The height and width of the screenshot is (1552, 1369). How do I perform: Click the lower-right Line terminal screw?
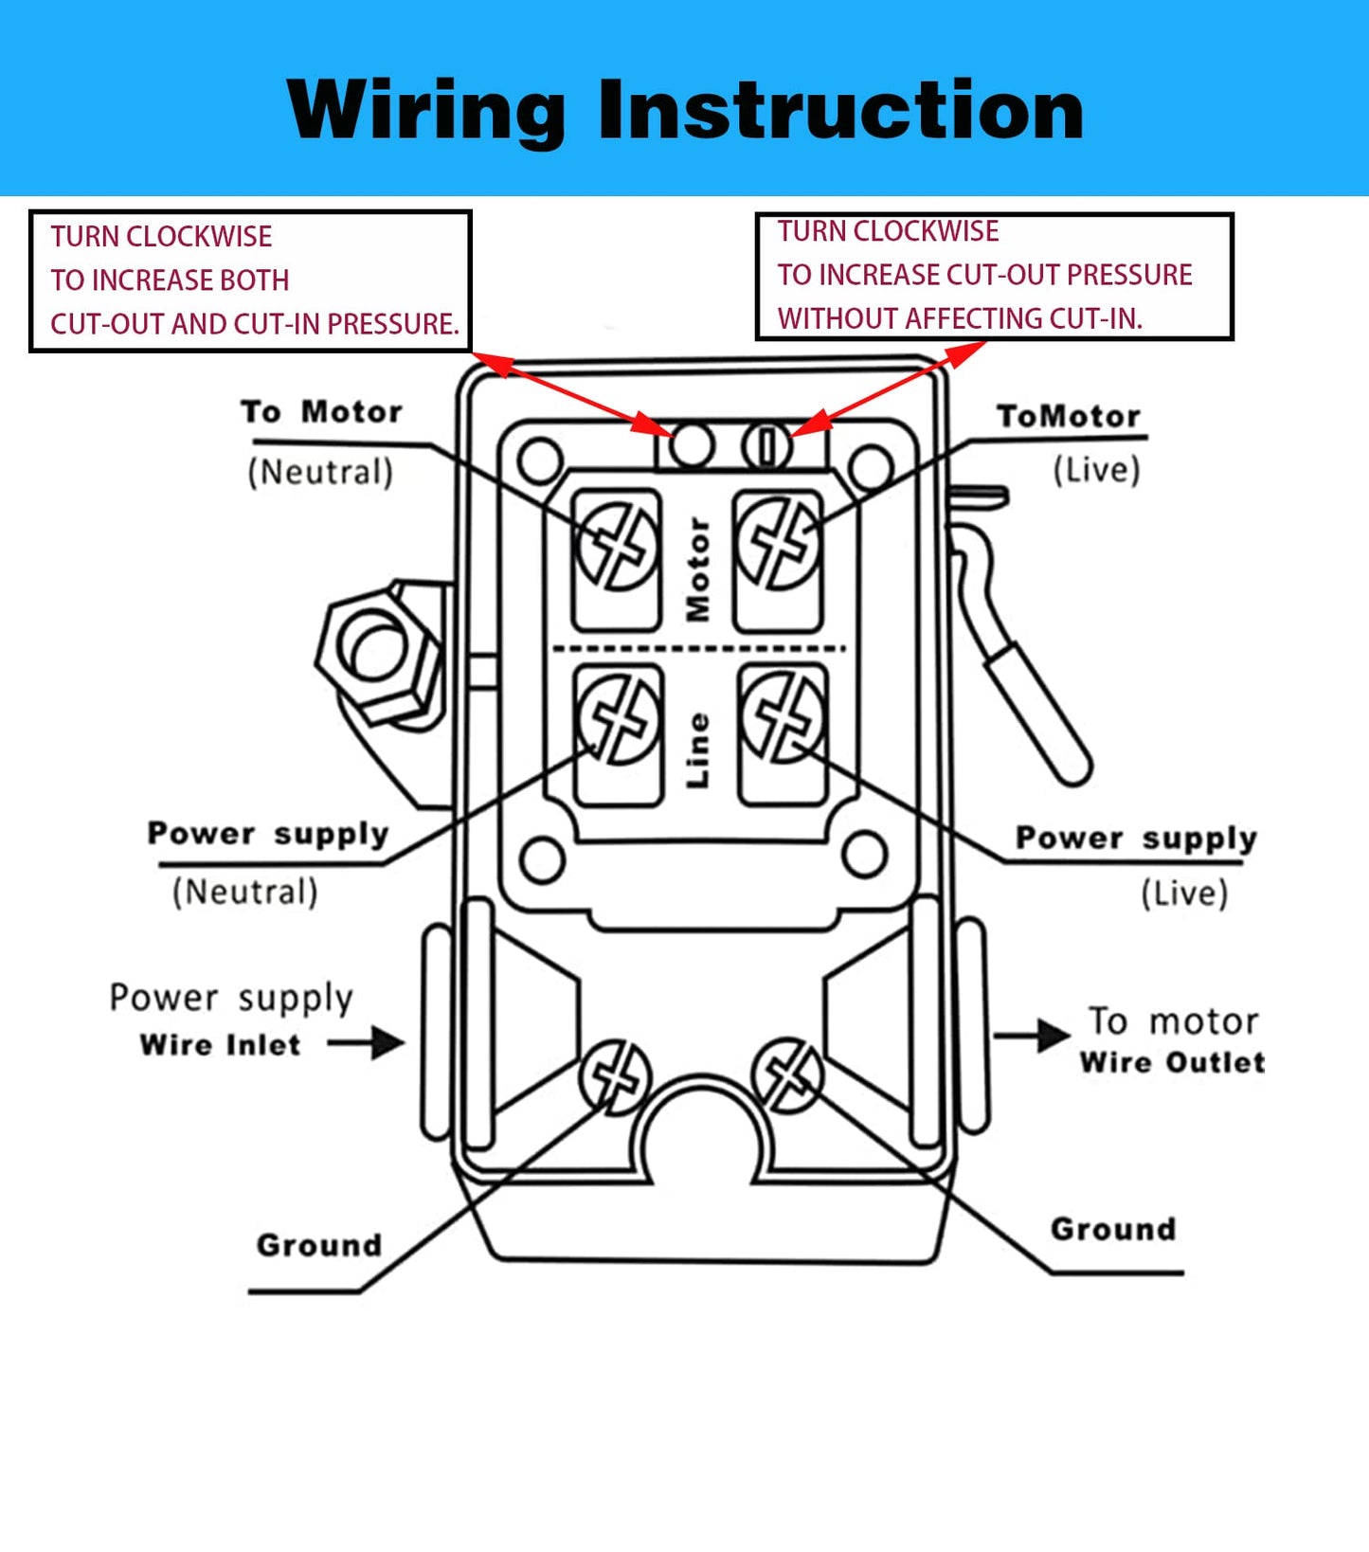784,716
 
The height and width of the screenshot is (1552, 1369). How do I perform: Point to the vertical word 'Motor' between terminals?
698,569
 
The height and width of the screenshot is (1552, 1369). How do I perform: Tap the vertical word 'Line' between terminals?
697,749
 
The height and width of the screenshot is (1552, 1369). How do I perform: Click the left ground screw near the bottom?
615,1077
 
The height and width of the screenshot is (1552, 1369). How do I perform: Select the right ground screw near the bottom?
787,1074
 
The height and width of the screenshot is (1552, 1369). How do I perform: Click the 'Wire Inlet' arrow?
367,1043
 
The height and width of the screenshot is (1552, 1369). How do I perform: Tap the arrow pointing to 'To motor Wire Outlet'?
1032,1036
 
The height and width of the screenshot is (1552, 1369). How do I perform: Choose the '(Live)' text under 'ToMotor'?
1096,470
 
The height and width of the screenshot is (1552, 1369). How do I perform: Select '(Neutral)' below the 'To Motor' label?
320,472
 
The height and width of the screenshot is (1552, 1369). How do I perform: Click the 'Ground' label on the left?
318,1245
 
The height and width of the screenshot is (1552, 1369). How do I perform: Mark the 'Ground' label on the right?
1113,1229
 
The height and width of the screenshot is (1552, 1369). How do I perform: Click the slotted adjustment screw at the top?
766,445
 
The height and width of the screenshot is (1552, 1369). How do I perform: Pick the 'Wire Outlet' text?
1172,1062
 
